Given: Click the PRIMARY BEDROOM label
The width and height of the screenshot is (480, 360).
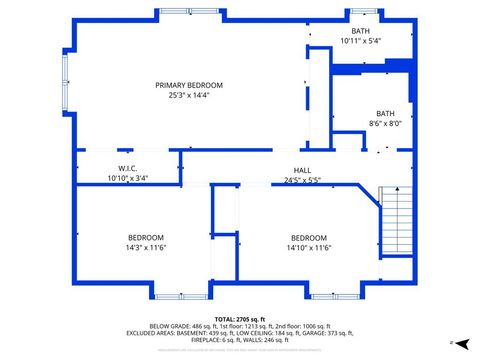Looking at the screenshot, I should click(189, 85).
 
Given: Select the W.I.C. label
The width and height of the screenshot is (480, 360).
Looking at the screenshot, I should click(127, 167).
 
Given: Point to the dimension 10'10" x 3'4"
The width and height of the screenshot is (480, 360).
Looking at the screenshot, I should click(127, 177).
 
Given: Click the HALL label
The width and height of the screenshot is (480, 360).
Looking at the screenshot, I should click(301, 170).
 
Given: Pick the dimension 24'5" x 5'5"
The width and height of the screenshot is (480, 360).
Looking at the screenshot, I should click(301, 181).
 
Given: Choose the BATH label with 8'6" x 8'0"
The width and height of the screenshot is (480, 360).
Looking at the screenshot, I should click(385, 113).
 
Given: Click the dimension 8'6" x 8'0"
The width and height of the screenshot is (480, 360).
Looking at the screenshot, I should click(385, 123).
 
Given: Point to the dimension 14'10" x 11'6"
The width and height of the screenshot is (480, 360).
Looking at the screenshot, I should click(309, 247).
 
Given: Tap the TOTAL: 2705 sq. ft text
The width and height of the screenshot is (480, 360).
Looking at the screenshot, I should click(239, 317).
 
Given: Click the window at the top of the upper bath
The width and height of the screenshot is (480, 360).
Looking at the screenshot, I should click(362, 12).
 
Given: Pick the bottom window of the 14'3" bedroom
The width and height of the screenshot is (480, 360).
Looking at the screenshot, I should click(169, 296).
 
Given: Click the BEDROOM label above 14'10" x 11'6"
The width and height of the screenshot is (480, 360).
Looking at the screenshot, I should click(309, 237).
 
